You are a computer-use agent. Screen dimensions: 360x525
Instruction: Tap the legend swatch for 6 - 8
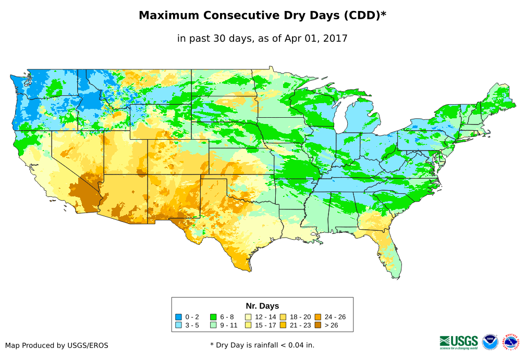coord(213,317)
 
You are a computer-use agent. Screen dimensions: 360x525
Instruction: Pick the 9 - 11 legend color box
coord(213,325)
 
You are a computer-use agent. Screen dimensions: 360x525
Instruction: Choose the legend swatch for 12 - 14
coord(248,317)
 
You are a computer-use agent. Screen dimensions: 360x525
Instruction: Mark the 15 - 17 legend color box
coord(248,325)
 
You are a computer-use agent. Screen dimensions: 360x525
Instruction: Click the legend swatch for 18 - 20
coord(283,317)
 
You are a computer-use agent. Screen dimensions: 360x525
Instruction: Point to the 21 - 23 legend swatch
coord(283,325)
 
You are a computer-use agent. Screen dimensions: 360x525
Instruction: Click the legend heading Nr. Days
coord(262,306)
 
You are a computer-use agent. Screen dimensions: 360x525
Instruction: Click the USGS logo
coord(459,341)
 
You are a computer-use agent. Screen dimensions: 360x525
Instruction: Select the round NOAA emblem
coord(490,342)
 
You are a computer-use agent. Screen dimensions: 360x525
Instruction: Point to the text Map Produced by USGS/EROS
coord(57,345)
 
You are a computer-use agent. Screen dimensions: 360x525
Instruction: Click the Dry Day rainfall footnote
coord(262,345)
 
